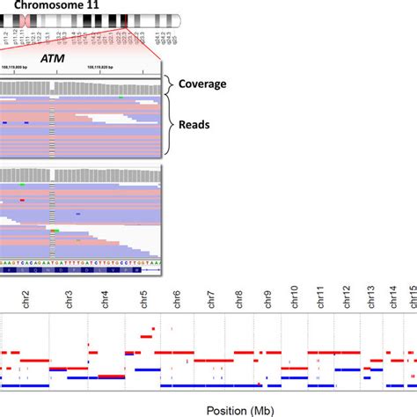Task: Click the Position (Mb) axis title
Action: (x=240, y=409)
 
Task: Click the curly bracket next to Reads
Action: (x=169, y=124)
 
